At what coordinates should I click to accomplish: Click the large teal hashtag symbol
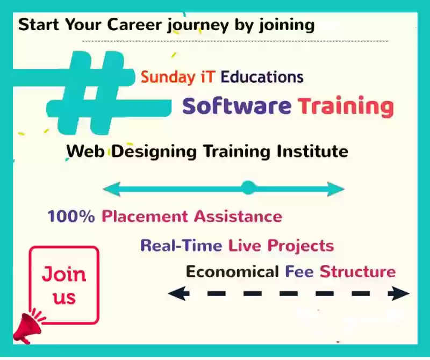(x=90, y=93)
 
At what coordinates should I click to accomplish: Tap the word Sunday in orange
(x=168, y=77)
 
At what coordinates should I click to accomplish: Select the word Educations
(x=262, y=77)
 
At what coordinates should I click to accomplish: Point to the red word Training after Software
(x=346, y=107)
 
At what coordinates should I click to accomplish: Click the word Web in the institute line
(x=85, y=151)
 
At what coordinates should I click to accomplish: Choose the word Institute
(x=312, y=151)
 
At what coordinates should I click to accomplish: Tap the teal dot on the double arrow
(x=248, y=188)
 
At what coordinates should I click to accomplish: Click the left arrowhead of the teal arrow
(x=112, y=189)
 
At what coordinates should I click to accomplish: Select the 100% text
(x=71, y=217)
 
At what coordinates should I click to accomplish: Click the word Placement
(x=145, y=217)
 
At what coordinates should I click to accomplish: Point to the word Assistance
(x=238, y=217)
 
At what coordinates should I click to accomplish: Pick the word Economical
(x=232, y=272)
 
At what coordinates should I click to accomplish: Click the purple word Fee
(x=299, y=272)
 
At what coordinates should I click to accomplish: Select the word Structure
(x=358, y=272)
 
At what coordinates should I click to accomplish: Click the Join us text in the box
(x=64, y=285)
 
